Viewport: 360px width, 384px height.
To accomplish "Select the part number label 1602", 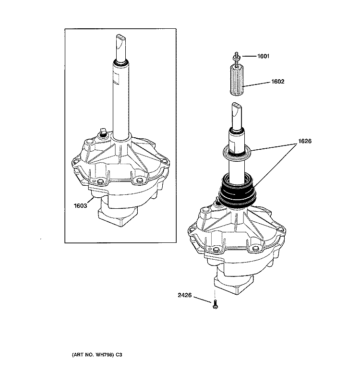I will tap(277, 82).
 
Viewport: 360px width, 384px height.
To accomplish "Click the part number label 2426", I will tap(185, 296).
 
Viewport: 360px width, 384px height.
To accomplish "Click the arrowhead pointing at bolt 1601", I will tap(244, 57).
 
